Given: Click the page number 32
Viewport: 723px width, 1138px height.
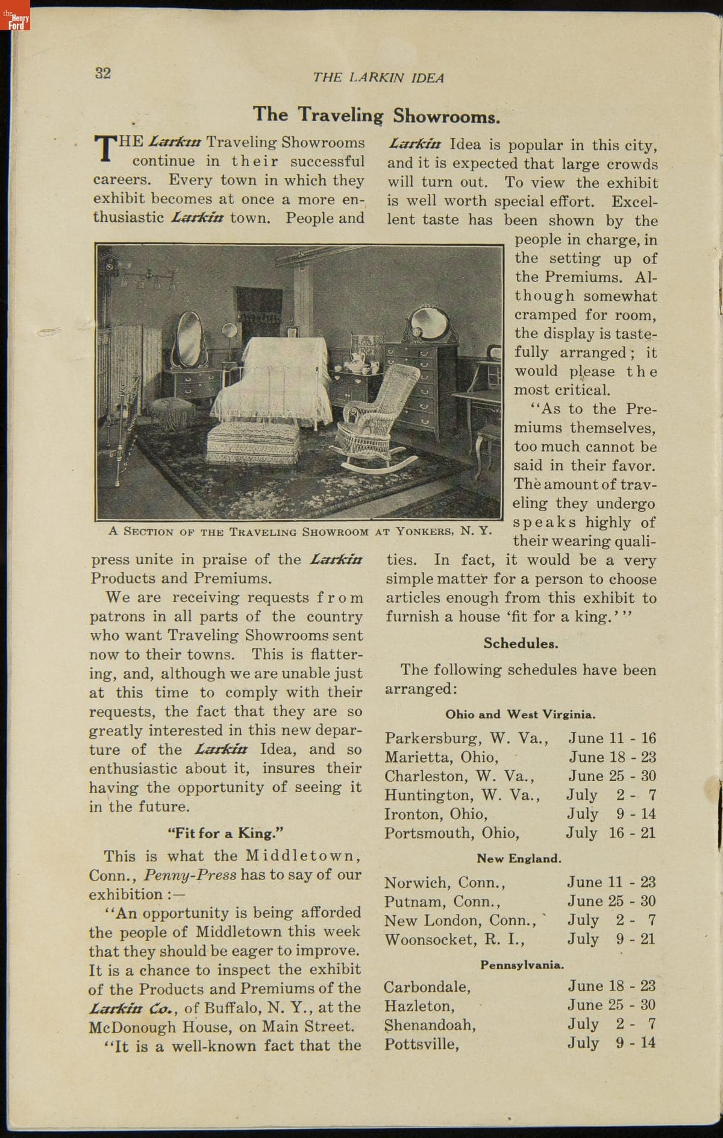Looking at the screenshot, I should pyautogui.click(x=103, y=73).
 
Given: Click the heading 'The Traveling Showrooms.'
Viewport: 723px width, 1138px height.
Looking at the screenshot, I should pyautogui.click(x=377, y=115).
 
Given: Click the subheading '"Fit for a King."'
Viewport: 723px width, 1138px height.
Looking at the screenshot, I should pyautogui.click(x=226, y=834).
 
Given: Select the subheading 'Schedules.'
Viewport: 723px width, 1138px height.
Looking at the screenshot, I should pyautogui.click(x=521, y=643).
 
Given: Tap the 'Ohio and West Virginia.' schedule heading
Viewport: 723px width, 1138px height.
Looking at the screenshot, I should pyautogui.click(x=521, y=715).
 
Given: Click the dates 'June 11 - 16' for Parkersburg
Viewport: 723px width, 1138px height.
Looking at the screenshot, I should pyautogui.click(x=612, y=738).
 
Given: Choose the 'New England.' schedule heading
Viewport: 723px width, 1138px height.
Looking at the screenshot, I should pyautogui.click(x=519, y=858).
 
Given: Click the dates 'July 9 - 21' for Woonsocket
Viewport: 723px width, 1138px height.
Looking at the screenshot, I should pyautogui.click(x=611, y=939).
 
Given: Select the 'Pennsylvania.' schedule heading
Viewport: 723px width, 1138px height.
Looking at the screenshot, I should pyautogui.click(x=522, y=965).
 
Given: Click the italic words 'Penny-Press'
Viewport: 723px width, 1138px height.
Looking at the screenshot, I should pyautogui.click(x=190, y=875).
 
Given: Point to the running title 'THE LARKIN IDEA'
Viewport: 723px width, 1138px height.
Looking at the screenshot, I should pyautogui.click(x=378, y=78).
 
